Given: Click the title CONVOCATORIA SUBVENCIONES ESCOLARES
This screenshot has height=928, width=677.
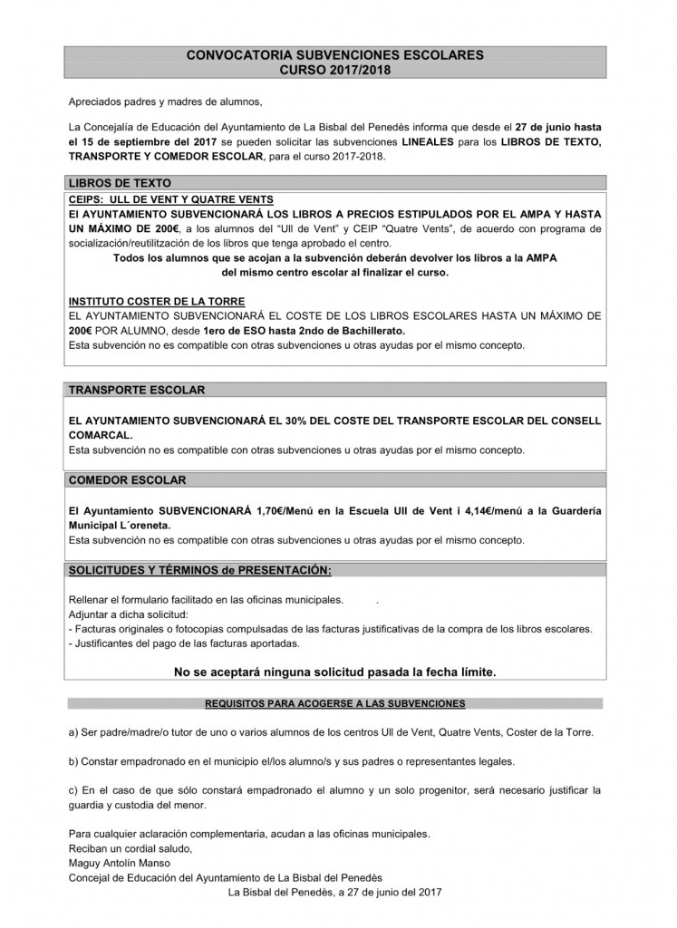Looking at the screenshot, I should [334, 55].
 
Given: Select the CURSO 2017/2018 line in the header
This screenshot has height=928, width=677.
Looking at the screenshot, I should [334, 69].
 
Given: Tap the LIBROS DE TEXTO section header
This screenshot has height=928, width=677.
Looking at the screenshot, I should [121, 182].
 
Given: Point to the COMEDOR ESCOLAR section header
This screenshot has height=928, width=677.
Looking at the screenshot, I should [129, 479].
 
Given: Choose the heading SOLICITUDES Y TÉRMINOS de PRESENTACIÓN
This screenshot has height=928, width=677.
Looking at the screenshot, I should [200, 570].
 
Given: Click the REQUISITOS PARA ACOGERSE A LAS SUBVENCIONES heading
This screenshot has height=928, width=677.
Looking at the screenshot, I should [335, 703].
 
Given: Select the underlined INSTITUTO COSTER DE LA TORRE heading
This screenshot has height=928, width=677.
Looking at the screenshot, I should [156, 300].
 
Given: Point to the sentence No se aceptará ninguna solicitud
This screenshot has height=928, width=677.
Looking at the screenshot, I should [335, 672].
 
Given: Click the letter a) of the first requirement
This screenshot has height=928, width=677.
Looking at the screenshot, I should [73, 732].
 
